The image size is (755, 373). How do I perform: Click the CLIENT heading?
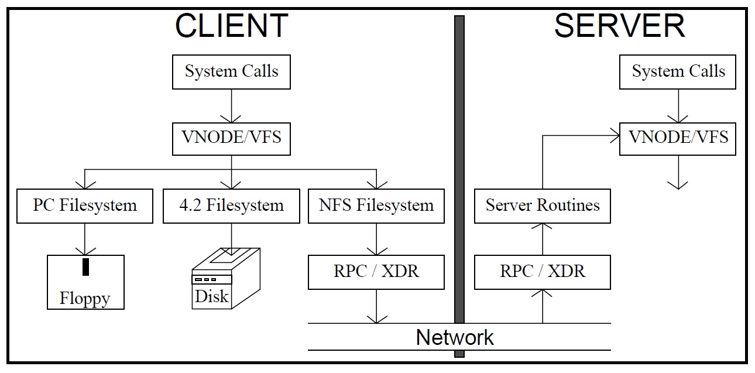coord(232,26)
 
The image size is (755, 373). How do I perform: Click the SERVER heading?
coord(619,26)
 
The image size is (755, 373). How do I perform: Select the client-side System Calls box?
coord(232,72)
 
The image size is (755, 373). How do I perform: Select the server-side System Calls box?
coord(678,72)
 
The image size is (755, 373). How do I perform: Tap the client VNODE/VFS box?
coord(232,138)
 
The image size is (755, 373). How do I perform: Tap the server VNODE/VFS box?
coord(678,138)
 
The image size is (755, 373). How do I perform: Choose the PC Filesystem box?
coord(85,206)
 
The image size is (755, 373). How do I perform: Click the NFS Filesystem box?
coord(376,206)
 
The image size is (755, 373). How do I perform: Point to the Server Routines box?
coord(543,206)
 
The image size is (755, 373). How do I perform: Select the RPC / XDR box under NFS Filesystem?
coord(376,272)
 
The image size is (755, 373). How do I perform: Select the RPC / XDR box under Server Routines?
coord(543,272)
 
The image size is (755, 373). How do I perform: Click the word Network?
coord(455,338)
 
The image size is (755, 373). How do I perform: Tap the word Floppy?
coord(85,299)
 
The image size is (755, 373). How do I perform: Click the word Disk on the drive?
coord(211,296)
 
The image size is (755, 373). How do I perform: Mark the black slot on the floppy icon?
coord(86,266)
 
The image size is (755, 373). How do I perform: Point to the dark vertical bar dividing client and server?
coord(459,176)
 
